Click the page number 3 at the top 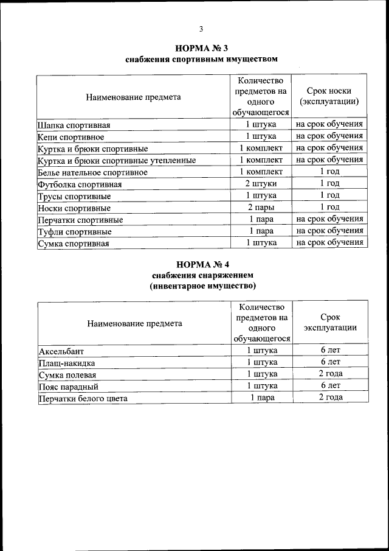201,29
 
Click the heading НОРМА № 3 201,48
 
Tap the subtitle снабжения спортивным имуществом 202,60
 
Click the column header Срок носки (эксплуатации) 329,96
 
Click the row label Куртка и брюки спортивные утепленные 117,161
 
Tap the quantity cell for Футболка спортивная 261,184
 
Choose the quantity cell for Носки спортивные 261,208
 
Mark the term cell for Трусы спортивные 329,195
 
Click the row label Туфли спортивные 74,231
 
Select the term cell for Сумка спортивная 329,242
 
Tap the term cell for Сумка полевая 330,374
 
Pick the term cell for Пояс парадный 330,386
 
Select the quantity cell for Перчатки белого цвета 262,398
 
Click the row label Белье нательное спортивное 92,172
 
